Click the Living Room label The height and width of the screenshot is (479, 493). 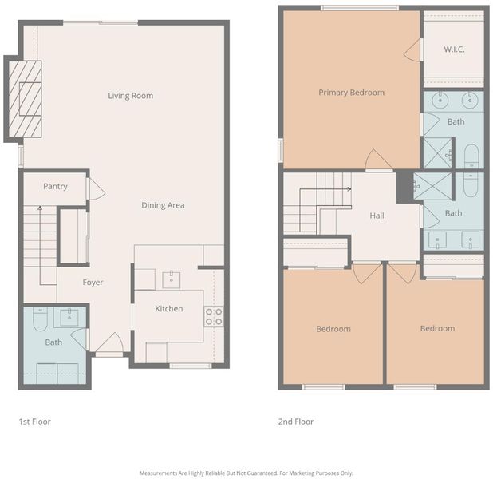coord(131,96)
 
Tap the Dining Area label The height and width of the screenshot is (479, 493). coord(163,205)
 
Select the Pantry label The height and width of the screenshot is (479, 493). coord(55,186)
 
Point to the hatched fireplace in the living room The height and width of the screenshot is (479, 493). coord(26,99)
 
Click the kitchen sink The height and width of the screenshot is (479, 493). coord(172,280)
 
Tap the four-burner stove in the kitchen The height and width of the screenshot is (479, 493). coord(214,317)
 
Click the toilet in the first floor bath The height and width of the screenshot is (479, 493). coord(40,319)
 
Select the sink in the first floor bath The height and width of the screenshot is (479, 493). coord(69,317)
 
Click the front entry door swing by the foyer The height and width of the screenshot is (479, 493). coord(109,342)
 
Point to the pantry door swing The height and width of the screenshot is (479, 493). coord(97,189)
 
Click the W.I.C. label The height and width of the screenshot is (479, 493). coord(454,49)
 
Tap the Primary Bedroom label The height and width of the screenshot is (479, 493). coord(352,93)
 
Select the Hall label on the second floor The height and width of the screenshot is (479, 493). coord(377,216)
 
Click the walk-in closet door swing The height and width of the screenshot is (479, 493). coord(412,50)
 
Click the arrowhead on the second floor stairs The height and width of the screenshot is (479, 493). coord(349,189)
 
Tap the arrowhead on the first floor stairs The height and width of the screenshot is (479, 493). coord(40,208)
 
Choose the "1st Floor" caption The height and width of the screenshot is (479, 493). coord(34,422)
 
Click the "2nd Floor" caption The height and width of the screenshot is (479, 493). coord(296,422)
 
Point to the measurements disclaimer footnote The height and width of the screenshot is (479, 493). coord(246,473)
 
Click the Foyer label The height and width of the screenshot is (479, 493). coord(93,283)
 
